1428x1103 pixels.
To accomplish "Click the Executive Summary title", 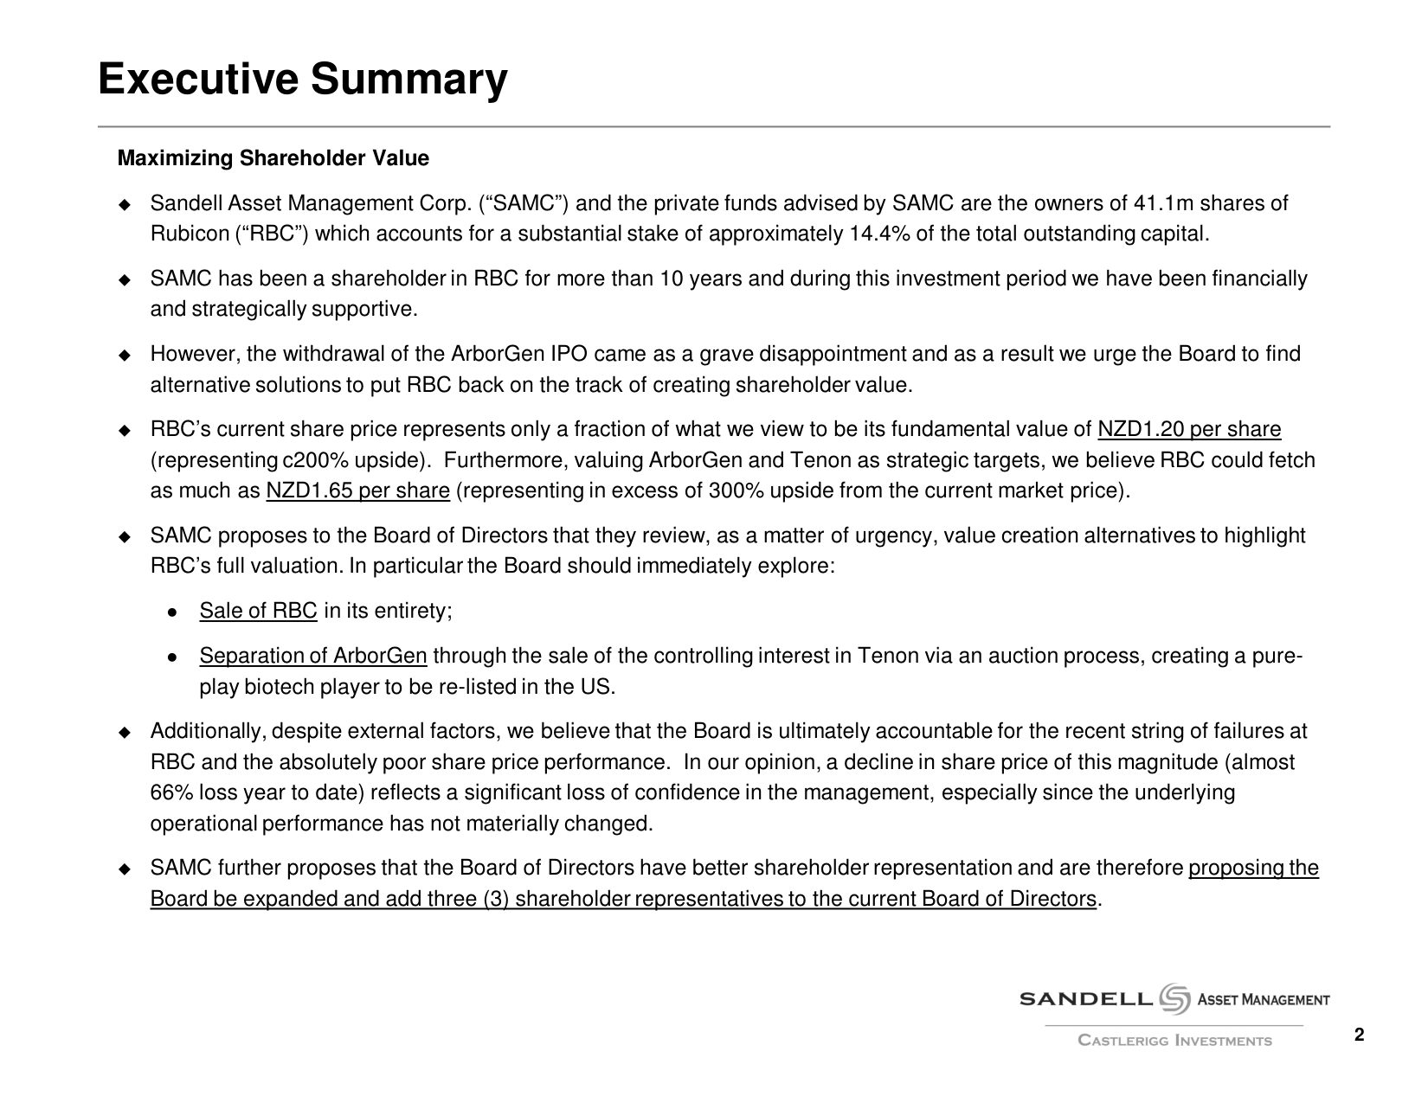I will coord(302,80).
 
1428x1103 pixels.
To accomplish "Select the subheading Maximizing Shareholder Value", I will coord(273,159).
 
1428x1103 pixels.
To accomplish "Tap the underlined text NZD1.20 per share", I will coord(1188,430).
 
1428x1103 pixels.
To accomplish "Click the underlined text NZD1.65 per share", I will coord(357,491).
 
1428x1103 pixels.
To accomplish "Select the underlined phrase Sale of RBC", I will coord(258,612).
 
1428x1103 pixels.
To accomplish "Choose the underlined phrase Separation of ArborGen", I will coord(313,657).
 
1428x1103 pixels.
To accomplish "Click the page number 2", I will coord(1359,1036).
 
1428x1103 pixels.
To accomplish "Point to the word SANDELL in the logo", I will coord(1086,1000).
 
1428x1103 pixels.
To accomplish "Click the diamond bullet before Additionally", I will coord(125,733).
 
